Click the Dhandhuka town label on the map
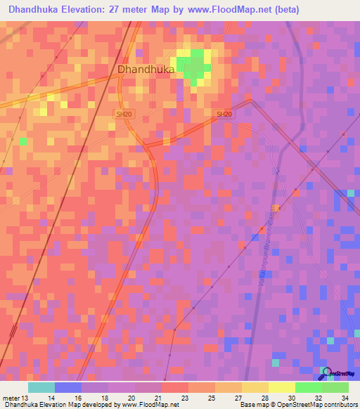(x=146, y=70)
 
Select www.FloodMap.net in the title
(x=229, y=10)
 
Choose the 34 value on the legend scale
(x=345, y=398)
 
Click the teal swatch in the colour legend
(x=41, y=387)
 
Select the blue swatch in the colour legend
(x=67, y=387)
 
